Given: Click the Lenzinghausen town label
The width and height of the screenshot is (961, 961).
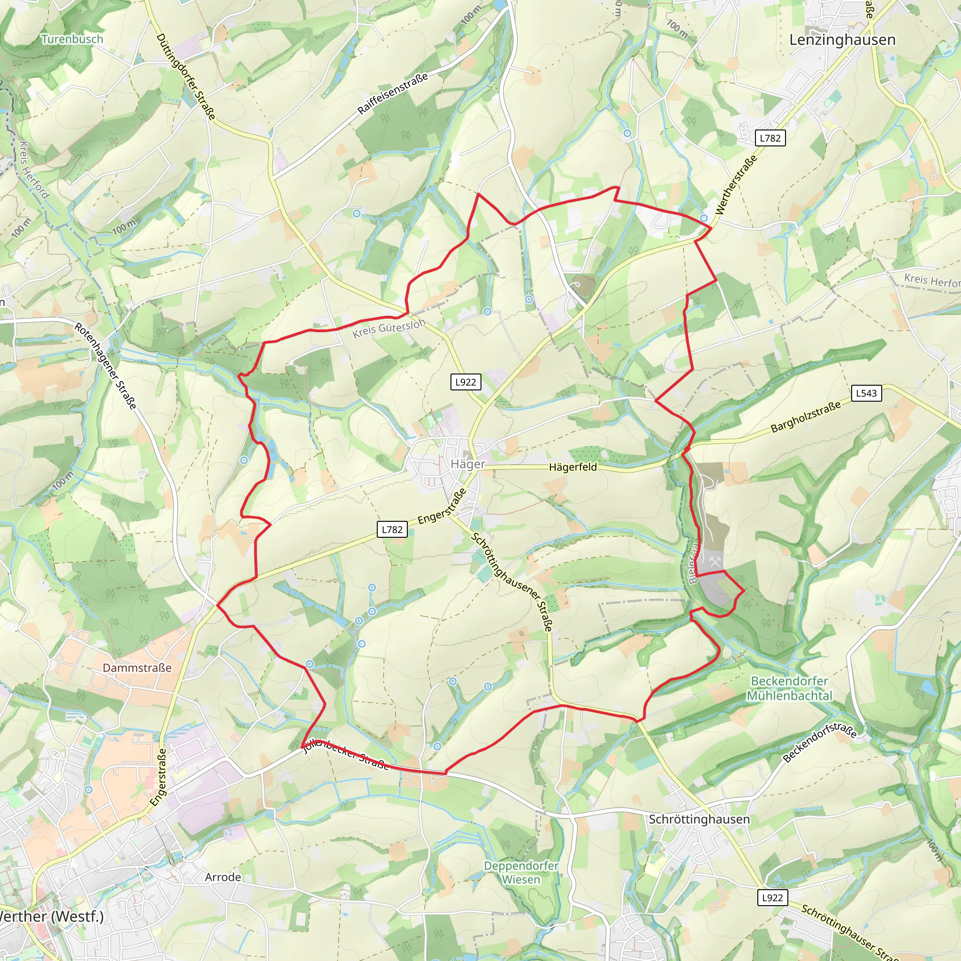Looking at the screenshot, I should pyautogui.click(x=842, y=40).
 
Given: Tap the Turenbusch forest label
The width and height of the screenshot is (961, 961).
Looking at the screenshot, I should pyautogui.click(x=72, y=39).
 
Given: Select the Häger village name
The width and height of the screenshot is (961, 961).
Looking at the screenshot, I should pyautogui.click(x=467, y=464).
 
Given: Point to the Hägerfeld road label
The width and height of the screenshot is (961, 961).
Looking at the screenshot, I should pyautogui.click(x=572, y=467).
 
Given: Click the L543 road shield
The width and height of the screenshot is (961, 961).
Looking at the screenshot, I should pyautogui.click(x=866, y=393).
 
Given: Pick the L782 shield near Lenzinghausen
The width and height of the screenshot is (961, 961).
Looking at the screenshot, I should pyautogui.click(x=770, y=138).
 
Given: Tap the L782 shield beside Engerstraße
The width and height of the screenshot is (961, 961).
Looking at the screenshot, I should pyautogui.click(x=392, y=529).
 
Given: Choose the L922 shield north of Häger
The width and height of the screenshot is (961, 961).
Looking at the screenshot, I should pyautogui.click(x=465, y=381).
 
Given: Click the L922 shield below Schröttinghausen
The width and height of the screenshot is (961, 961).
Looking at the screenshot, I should pyautogui.click(x=772, y=897).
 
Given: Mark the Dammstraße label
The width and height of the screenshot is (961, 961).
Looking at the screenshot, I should pyautogui.click(x=137, y=668).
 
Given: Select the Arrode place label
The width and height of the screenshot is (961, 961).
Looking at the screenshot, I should pyautogui.click(x=223, y=877).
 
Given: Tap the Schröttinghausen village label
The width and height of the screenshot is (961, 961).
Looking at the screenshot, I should pyautogui.click(x=699, y=819).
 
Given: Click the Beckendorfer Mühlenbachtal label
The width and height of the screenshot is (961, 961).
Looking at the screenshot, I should pyautogui.click(x=789, y=688).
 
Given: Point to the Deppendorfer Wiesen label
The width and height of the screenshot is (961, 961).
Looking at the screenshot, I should pyautogui.click(x=521, y=872).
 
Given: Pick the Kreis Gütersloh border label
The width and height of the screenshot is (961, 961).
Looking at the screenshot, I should pyautogui.click(x=389, y=328).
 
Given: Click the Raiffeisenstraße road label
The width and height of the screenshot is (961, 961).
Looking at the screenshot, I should pyautogui.click(x=392, y=93).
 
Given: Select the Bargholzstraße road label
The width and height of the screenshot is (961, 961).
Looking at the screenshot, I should pyautogui.click(x=805, y=416).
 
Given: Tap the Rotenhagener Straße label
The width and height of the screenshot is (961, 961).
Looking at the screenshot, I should pyautogui.click(x=105, y=366).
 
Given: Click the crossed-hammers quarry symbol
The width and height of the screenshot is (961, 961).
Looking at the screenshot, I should pyautogui.click(x=715, y=562).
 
